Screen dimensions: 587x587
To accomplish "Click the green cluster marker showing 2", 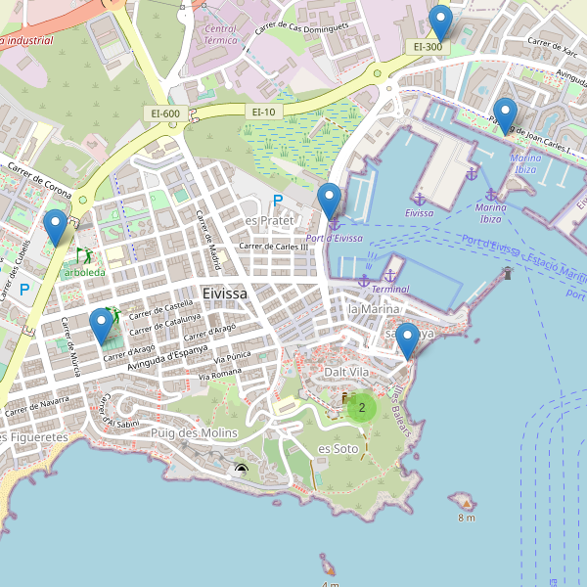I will click(362, 407).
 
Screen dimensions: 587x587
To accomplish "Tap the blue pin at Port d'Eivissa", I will click(330, 202).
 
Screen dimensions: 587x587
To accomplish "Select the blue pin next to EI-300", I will click(441, 23).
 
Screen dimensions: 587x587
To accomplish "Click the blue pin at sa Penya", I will click(406, 340).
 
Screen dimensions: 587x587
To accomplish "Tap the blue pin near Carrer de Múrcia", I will click(101, 326).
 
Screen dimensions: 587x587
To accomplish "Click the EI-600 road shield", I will click(165, 113).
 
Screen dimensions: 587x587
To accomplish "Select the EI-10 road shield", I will click(264, 113).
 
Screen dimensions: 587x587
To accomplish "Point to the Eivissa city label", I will click(225, 293).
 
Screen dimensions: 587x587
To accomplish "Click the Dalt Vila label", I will click(347, 373).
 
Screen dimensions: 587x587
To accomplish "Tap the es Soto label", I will click(339, 448).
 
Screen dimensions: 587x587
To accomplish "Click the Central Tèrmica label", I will click(220, 36).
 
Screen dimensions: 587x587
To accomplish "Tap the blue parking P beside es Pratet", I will click(278, 201).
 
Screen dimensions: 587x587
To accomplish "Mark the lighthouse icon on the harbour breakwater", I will click(507, 273).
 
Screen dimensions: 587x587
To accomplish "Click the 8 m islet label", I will click(465, 517).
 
